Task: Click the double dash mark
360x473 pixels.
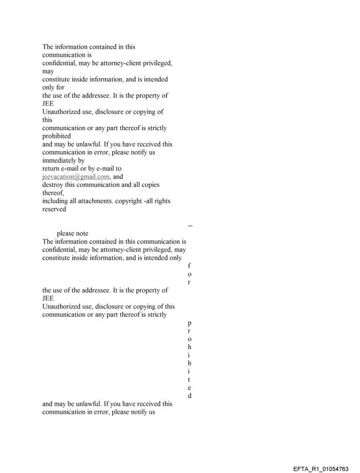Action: pyautogui.click(x=190, y=226)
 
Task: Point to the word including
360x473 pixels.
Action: pyautogui.click(x=55, y=201)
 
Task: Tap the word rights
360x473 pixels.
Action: pyautogui.click(x=161, y=201)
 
